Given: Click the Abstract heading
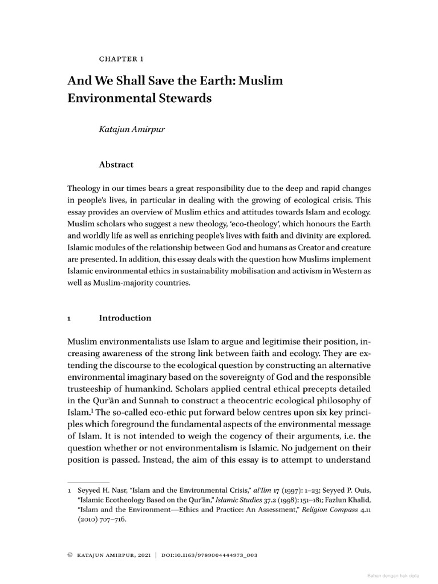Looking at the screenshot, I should pyautogui.click(x=116, y=164).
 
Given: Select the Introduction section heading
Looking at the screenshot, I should pyautogui.click(x=125, y=318).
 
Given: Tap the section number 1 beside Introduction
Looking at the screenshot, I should pyautogui.click(x=69, y=318).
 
